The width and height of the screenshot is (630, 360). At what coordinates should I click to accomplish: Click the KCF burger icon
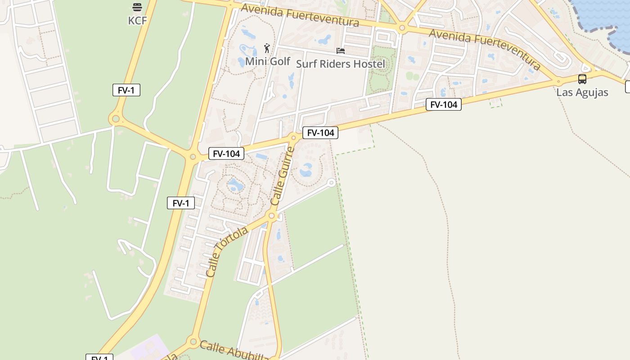pyautogui.click(x=137, y=7)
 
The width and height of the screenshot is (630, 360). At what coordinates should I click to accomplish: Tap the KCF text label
pyautogui.click(x=137, y=21)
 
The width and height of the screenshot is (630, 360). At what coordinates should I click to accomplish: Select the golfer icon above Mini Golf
pyautogui.click(x=267, y=48)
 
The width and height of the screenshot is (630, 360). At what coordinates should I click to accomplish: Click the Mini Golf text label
pyautogui.click(x=268, y=61)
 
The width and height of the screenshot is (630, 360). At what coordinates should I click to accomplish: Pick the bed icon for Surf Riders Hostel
pyautogui.click(x=341, y=51)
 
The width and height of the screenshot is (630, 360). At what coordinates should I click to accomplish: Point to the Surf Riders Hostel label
pyautogui.click(x=341, y=64)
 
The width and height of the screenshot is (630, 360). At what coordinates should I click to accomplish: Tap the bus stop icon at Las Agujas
pyautogui.click(x=582, y=79)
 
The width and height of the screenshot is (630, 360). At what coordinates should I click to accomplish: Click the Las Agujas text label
pyautogui.click(x=582, y=92)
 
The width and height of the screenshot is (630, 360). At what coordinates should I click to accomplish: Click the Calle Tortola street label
pyautogui.click(x=227, y=252)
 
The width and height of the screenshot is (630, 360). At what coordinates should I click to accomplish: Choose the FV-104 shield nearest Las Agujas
pyautogui.click(x=443, y=105)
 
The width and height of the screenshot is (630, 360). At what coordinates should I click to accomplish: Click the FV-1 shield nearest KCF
pyautogui.click(x=126, y=90)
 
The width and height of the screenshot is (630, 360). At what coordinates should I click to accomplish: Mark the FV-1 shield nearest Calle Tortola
pyautogui.click(x=180, y=203)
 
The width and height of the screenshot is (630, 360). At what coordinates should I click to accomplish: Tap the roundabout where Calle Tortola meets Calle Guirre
pyautogui.click(x=271, y=216)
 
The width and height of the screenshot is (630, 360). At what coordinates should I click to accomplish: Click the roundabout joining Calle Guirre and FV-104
pyautogui.click(x=293, y=138)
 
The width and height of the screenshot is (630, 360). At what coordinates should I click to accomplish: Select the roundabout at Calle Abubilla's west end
pyautogui.click(x=193, y=341)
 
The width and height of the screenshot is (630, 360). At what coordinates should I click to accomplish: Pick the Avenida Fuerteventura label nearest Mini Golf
pyautogui.click(x=300, y=16)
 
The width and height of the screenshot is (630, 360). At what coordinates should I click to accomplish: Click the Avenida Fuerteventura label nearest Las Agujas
pyautogui.click(x=484, y=49)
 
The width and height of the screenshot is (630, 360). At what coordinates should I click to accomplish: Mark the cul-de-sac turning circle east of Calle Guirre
pyautogui.click(x=331, y=182)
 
